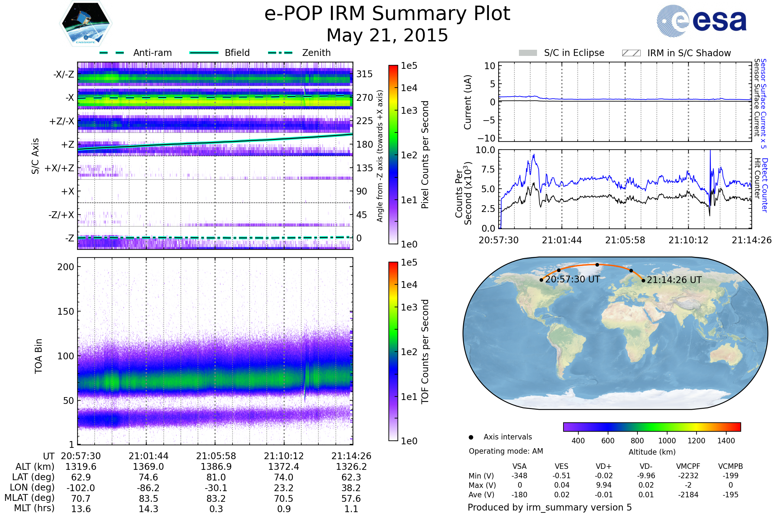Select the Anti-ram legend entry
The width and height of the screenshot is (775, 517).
152,53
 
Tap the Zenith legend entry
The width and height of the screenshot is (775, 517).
316,53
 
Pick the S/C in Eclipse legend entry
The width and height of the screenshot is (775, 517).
574,53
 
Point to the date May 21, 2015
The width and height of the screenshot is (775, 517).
387,35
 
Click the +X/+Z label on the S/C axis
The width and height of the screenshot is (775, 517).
59,168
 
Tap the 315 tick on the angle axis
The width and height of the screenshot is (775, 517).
364,74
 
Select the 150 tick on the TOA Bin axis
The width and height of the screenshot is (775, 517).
66,311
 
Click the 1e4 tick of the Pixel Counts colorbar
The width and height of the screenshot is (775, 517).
409,88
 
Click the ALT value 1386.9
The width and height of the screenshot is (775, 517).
216,467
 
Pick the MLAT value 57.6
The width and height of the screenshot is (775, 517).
351,499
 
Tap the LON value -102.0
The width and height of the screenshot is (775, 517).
81,488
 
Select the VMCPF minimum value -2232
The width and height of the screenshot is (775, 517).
688,476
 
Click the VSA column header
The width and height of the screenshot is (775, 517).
519,467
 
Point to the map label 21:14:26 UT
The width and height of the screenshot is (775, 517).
674,280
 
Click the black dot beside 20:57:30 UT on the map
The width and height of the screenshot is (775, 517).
542,280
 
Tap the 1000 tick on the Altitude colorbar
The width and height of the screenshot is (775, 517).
666,441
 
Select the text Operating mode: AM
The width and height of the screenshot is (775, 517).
506,451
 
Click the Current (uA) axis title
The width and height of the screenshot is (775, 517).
468,102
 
